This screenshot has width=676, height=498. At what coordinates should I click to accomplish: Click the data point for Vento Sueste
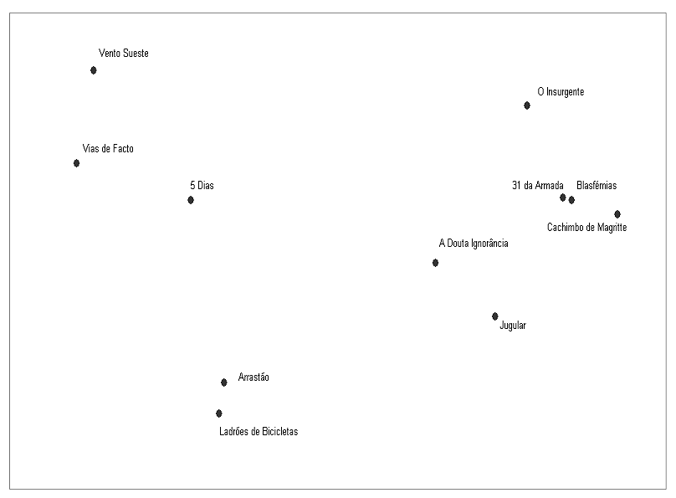pyautogui.click(x=94, y=70)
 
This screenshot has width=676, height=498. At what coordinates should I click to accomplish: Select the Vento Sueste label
pyautogui.click(x=123, y=54)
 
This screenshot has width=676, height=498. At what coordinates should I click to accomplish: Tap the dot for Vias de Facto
pyautogui.click(x=77, y=163)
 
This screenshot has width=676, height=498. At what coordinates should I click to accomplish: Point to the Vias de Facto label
pyautogui.click(x=108, y=149)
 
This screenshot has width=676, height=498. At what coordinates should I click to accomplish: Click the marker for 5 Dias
pyautogui.click(x=191, y=200)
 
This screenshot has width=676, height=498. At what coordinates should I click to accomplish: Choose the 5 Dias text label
pyautogui.click(x=202, y=186)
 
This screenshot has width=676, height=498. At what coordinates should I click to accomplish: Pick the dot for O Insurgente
pyautogui.click(x=527, y=105)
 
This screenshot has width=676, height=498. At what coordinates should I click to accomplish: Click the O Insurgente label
pyautogui.click(x=561, y=92)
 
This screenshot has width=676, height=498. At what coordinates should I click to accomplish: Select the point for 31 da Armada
pyautogui.click(x=563, y=198)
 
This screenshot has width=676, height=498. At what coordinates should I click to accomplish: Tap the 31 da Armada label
pyautogui.click(x=537, y=186)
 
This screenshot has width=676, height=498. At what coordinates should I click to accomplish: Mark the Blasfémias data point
pyautogui.click(x=571, y=200)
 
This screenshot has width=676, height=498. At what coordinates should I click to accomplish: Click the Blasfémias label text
pyautogui.click(x=597, y=186)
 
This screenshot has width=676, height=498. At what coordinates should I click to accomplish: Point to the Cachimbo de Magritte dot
pyautogui.click(x=617, y=214)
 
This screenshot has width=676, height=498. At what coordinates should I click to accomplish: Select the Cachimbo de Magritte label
pyautogui.click(x=586, y=228)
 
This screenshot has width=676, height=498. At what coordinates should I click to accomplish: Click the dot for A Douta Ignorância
pyautogui.click(x=436, y=263)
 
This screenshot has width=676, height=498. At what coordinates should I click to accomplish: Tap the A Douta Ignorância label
pyautogui.click(x=474, y=244)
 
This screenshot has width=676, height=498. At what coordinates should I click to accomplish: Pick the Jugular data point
pyautogui.click(x=495, y=316)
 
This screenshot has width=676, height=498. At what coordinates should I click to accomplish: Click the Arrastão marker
pyautogui.click(x=224, y=382)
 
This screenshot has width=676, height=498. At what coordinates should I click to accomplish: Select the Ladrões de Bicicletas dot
pyautogui.click(x=219, y=413)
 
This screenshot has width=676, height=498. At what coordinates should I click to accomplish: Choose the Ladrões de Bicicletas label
pyautogui.click(x=259, y=432)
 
